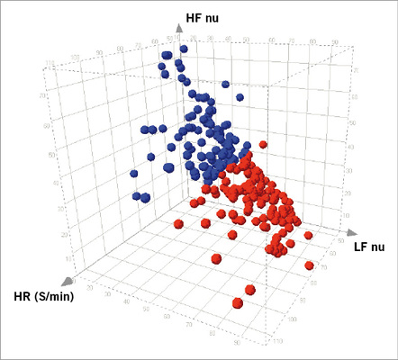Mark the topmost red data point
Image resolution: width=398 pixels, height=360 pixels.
tap(263, 144)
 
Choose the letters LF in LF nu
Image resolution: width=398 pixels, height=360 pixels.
tap(360, 246)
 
